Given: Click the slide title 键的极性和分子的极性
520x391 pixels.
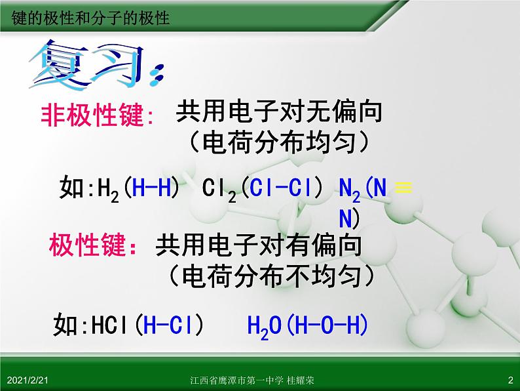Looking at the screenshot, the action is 90,18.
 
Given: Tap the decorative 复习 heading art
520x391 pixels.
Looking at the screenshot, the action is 96,65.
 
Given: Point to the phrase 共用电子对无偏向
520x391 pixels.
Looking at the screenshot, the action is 279,112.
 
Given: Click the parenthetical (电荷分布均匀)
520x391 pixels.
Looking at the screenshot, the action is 280,142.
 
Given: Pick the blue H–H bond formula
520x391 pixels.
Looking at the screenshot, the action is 151,188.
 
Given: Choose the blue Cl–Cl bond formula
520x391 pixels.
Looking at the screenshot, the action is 280,188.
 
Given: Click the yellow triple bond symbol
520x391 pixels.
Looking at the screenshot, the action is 403,188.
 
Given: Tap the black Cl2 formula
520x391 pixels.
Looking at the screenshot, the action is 219,190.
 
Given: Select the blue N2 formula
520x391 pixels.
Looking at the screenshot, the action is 350,190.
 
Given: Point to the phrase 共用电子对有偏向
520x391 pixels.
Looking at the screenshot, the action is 258,245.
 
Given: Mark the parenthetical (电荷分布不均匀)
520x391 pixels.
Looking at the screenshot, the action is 271,276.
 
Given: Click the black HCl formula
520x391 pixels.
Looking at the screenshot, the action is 109,325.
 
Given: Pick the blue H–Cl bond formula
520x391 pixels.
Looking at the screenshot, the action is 168,325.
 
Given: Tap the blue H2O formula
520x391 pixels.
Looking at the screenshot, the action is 265,327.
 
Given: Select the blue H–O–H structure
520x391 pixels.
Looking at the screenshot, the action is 327,325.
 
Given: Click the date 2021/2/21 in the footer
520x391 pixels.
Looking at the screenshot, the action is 28,380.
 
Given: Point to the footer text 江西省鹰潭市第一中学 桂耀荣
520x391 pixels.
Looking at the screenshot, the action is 252,380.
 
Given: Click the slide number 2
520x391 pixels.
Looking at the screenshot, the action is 510,380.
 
